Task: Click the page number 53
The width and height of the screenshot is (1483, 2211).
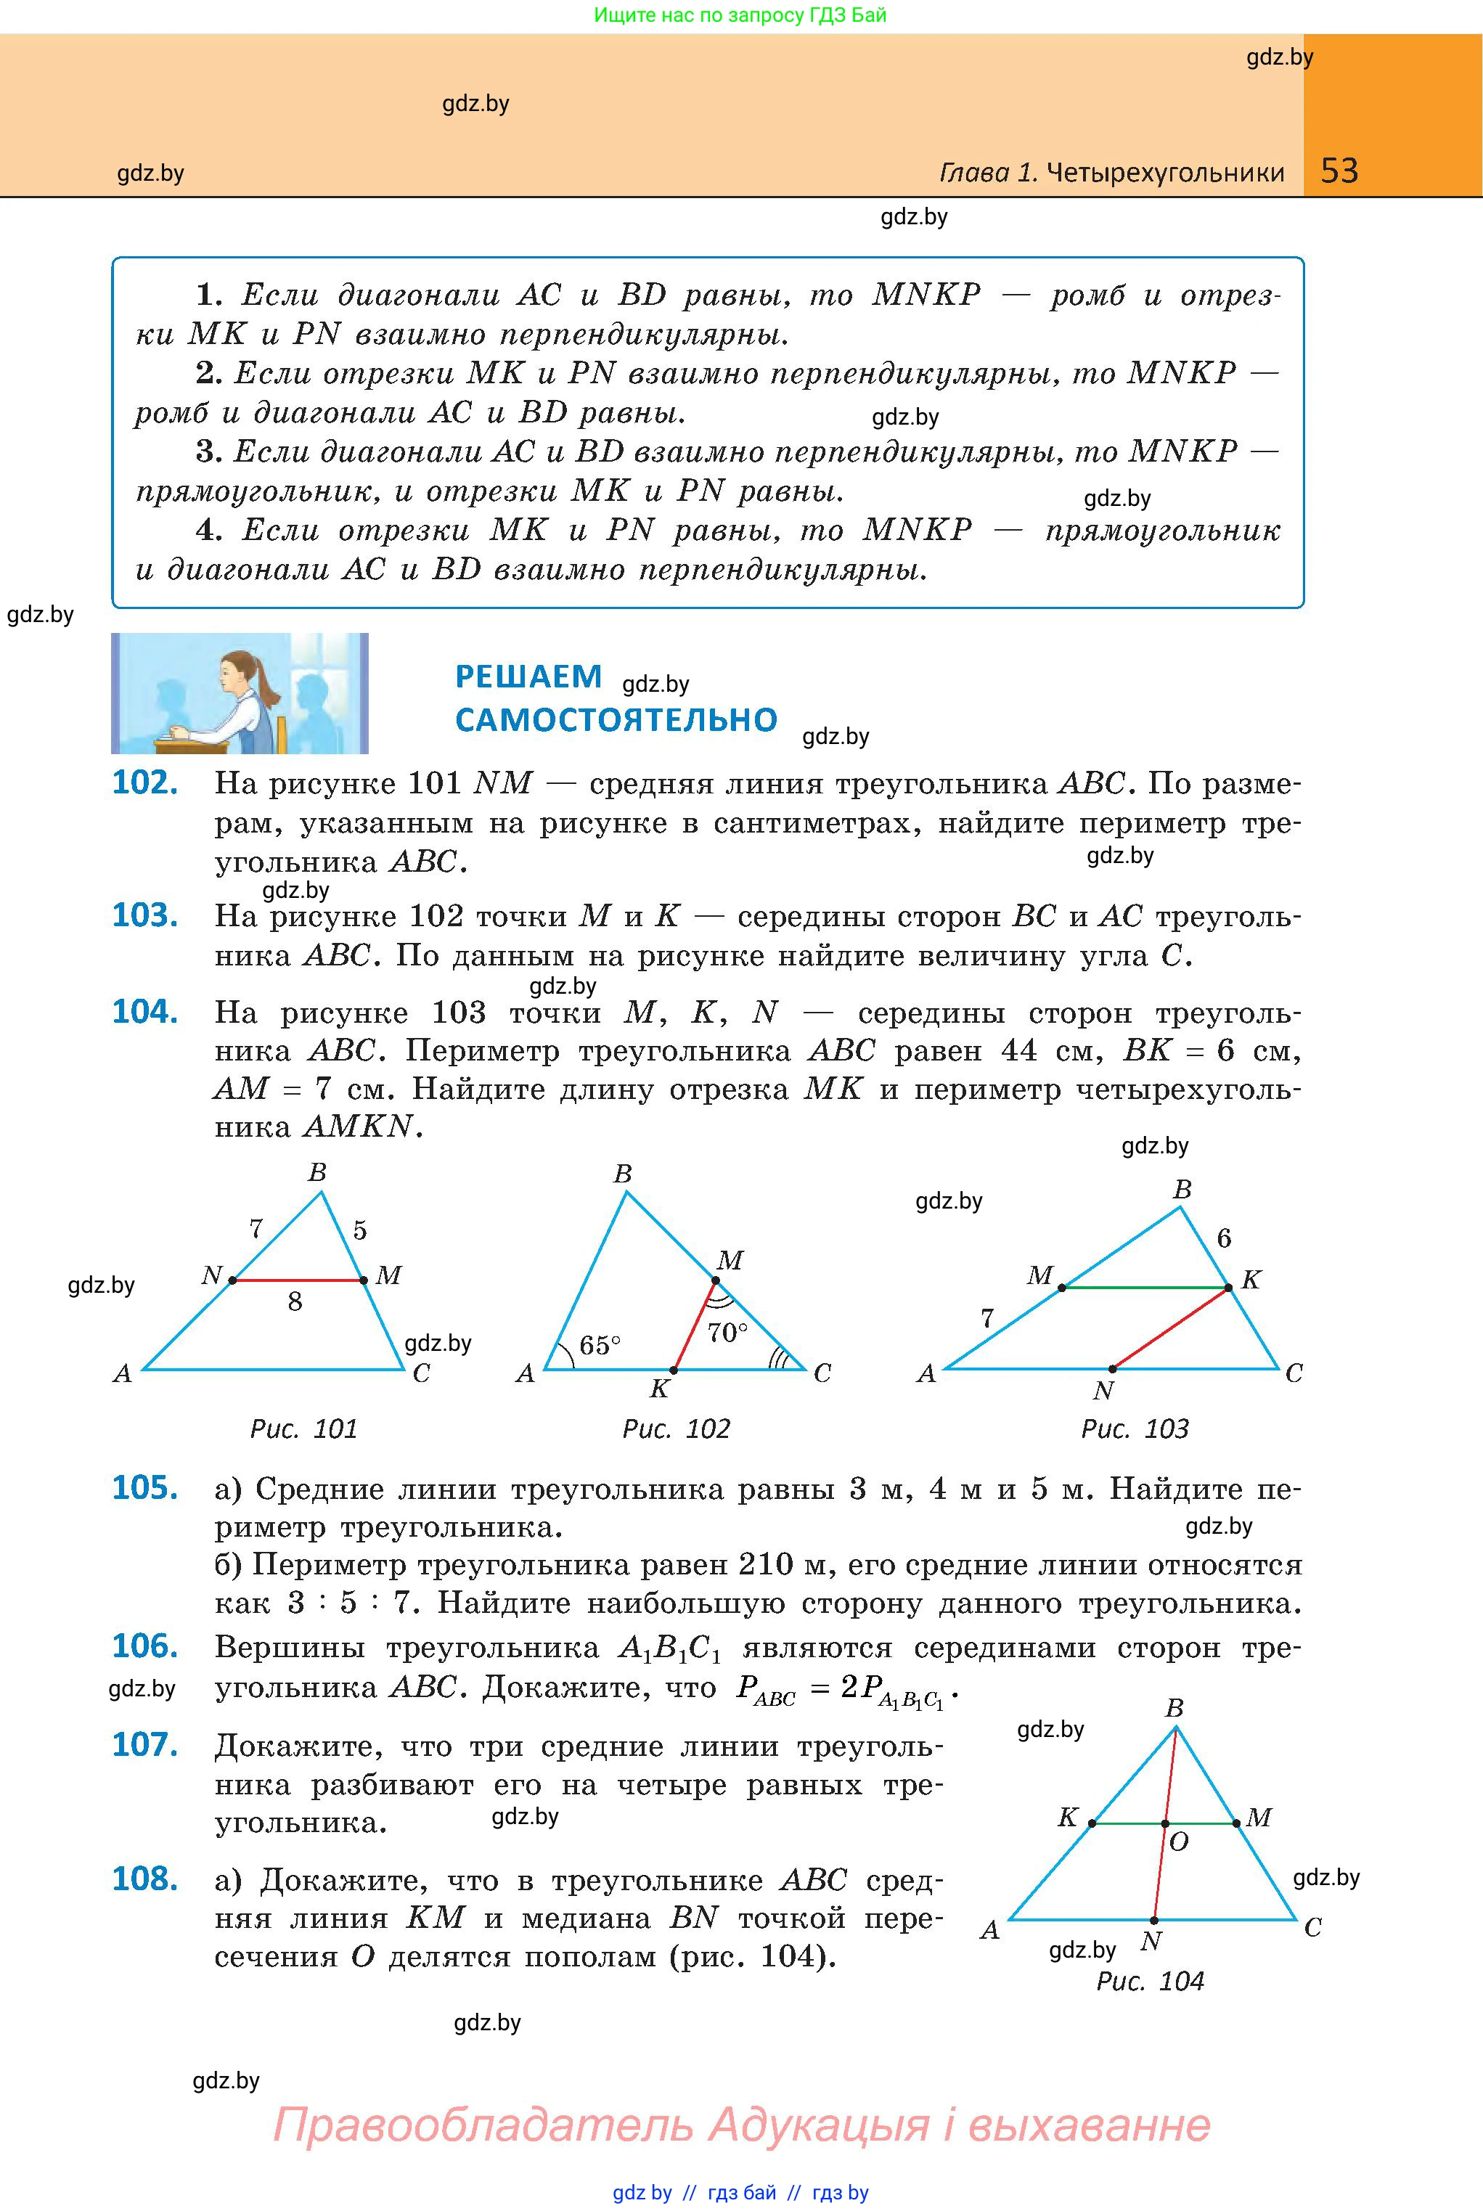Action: pos(1339,171)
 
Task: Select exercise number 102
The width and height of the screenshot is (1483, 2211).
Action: pos(144,783)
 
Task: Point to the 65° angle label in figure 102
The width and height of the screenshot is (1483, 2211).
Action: pos(600,1345)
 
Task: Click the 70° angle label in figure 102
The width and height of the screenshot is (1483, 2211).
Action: pos(727,1333)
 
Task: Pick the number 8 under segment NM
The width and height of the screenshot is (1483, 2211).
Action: pos(295,1302)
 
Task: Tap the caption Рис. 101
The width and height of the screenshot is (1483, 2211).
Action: pos(303,1429)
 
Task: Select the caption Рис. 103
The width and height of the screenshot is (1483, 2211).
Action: pos(1135,1429)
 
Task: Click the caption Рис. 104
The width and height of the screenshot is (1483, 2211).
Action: pos(1150,1981)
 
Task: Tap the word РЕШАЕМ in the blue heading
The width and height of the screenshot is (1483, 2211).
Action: pos(528,677)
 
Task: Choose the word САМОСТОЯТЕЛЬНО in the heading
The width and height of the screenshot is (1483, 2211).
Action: pos(616,721)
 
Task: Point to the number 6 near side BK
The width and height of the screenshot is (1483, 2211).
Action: pos(1224,1238)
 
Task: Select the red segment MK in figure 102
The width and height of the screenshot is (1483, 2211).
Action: pos(694,1326)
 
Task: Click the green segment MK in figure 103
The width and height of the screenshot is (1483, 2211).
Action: pos(1145,1287)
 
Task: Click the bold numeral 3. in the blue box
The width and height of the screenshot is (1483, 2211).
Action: pos(208,452)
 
